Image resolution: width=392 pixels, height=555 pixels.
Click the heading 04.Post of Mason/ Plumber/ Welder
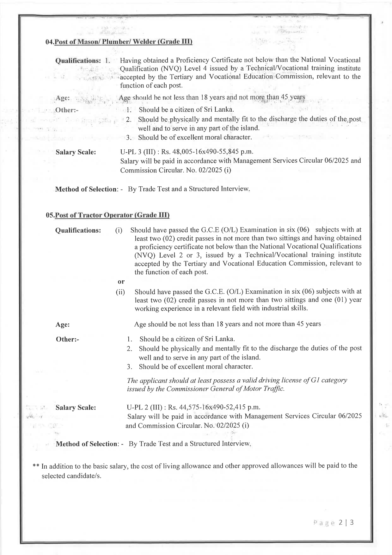[119, 42]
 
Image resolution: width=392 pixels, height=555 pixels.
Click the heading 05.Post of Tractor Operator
[108, 215]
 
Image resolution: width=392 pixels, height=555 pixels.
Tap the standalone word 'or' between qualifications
[121, 281]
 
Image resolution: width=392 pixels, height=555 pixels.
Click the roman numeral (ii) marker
[120, 292]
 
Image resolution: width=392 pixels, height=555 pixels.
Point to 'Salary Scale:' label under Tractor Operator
[76, 408]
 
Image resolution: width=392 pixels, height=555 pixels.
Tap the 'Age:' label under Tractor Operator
[63, 325]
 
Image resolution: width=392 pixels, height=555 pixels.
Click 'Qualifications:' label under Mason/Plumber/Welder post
[78, 60]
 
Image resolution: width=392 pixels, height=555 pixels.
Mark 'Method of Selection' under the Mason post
[86, 189]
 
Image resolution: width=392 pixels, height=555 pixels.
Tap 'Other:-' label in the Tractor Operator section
[67, 340]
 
